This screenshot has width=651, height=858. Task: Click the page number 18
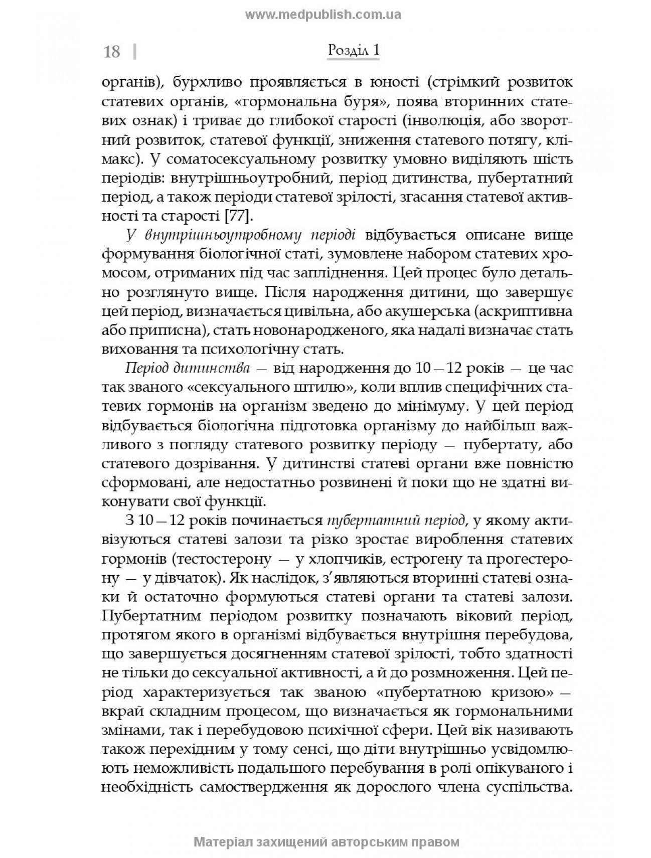click(112, 52)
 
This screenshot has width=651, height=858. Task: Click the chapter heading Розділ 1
click(353, 51)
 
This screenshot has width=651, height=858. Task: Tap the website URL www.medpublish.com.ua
click(323, 15)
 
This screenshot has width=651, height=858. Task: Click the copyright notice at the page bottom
click(326, 841)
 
